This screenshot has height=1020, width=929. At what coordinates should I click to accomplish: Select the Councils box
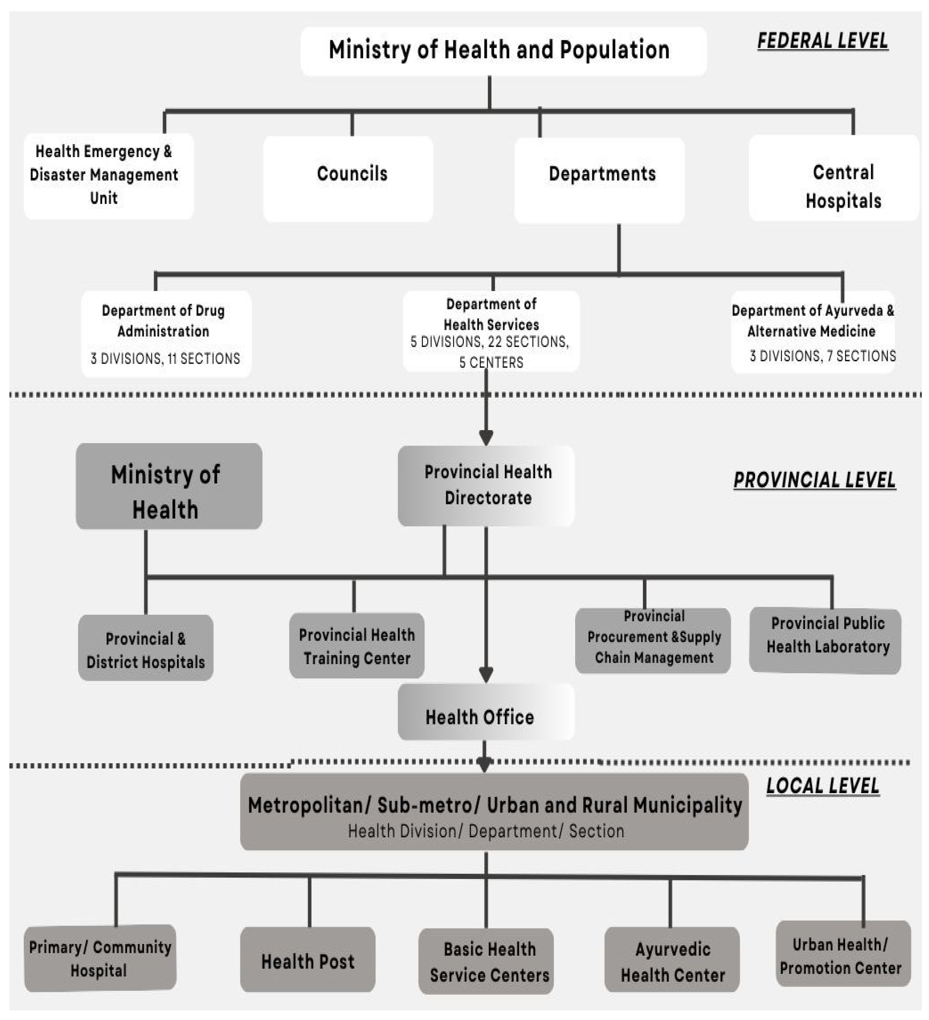(348, 178)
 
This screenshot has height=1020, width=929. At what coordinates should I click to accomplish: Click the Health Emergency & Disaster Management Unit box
(108, 176)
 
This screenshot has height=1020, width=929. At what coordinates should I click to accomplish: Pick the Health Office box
(486, 712)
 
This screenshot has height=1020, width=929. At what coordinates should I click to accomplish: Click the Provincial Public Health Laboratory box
(825, 640)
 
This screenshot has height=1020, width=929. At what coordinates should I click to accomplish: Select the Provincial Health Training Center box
(357, 646)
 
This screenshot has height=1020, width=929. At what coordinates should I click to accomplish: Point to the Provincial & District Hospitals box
(146, 648)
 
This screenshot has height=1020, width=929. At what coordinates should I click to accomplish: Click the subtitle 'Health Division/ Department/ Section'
(486, 831)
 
